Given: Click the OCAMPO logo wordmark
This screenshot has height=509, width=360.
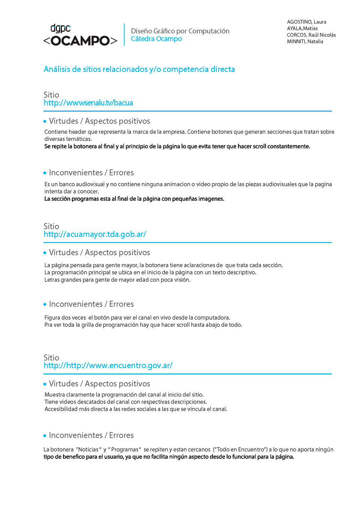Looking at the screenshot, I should coord(80,40).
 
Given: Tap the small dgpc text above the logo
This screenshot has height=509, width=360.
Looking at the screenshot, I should coord(60,28).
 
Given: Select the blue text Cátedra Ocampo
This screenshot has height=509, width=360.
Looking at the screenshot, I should coord(156,39).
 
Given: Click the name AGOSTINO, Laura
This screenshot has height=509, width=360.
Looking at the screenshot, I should coord(306,22).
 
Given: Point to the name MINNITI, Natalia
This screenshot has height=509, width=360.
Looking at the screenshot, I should coord(305,42).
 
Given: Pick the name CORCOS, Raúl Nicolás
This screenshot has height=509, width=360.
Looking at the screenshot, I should coord(311,35).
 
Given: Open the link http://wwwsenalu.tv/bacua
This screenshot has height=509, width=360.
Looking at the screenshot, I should coord(88,103).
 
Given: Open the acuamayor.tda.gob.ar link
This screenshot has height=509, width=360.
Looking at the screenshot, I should coord(95,234).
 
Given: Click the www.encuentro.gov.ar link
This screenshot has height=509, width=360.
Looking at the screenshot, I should coord(108,365).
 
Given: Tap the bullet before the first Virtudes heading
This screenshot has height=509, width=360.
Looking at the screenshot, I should coord(45,121).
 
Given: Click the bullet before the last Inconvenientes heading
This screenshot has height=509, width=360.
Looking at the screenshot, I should coord(45,436).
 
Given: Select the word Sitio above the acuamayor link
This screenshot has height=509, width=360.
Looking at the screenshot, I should coord(51,226).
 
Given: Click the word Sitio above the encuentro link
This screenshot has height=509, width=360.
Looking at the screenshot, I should coord(51,358).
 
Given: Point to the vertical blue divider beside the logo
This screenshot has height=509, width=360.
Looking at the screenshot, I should coord(124,34).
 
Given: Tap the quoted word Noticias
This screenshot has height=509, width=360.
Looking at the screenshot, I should coord(88,449).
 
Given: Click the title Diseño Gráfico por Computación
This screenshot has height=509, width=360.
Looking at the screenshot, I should coord(180,31).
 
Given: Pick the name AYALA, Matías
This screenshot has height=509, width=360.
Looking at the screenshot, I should coord(302,28).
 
